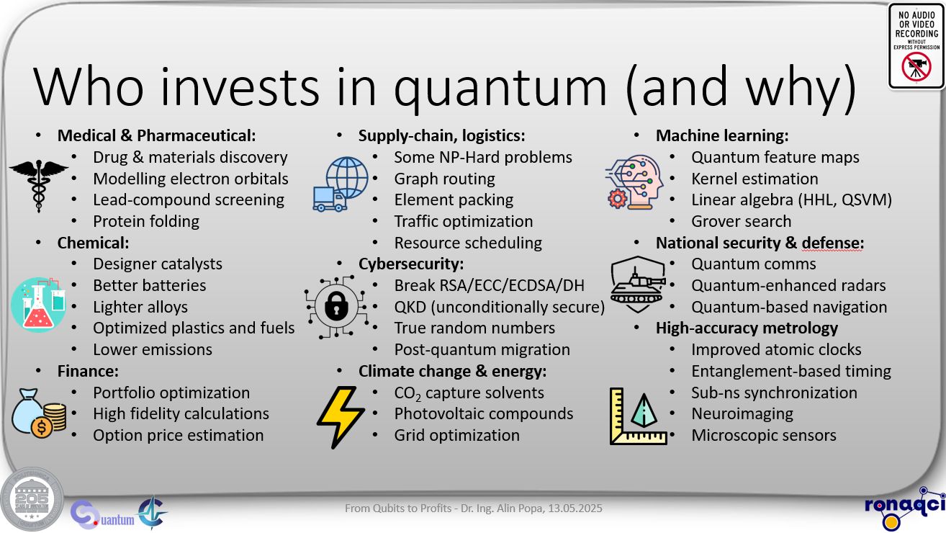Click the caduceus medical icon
point(38,186)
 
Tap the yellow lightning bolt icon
point(340,417)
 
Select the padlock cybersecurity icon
point(337,307)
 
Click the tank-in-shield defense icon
point(638,284)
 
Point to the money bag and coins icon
point(39,413)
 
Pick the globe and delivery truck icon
point(341,184)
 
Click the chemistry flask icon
point(38,305)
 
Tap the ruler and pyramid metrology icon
point(638,416)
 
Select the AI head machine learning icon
point(634,183)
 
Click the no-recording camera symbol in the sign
point(916,67)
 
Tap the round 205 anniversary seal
point(32,499)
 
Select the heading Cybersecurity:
point(411,264)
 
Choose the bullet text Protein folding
point(146,221)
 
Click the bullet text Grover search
point(741,221)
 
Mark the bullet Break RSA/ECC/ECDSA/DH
point(489,285)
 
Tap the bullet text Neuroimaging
point(742,414)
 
